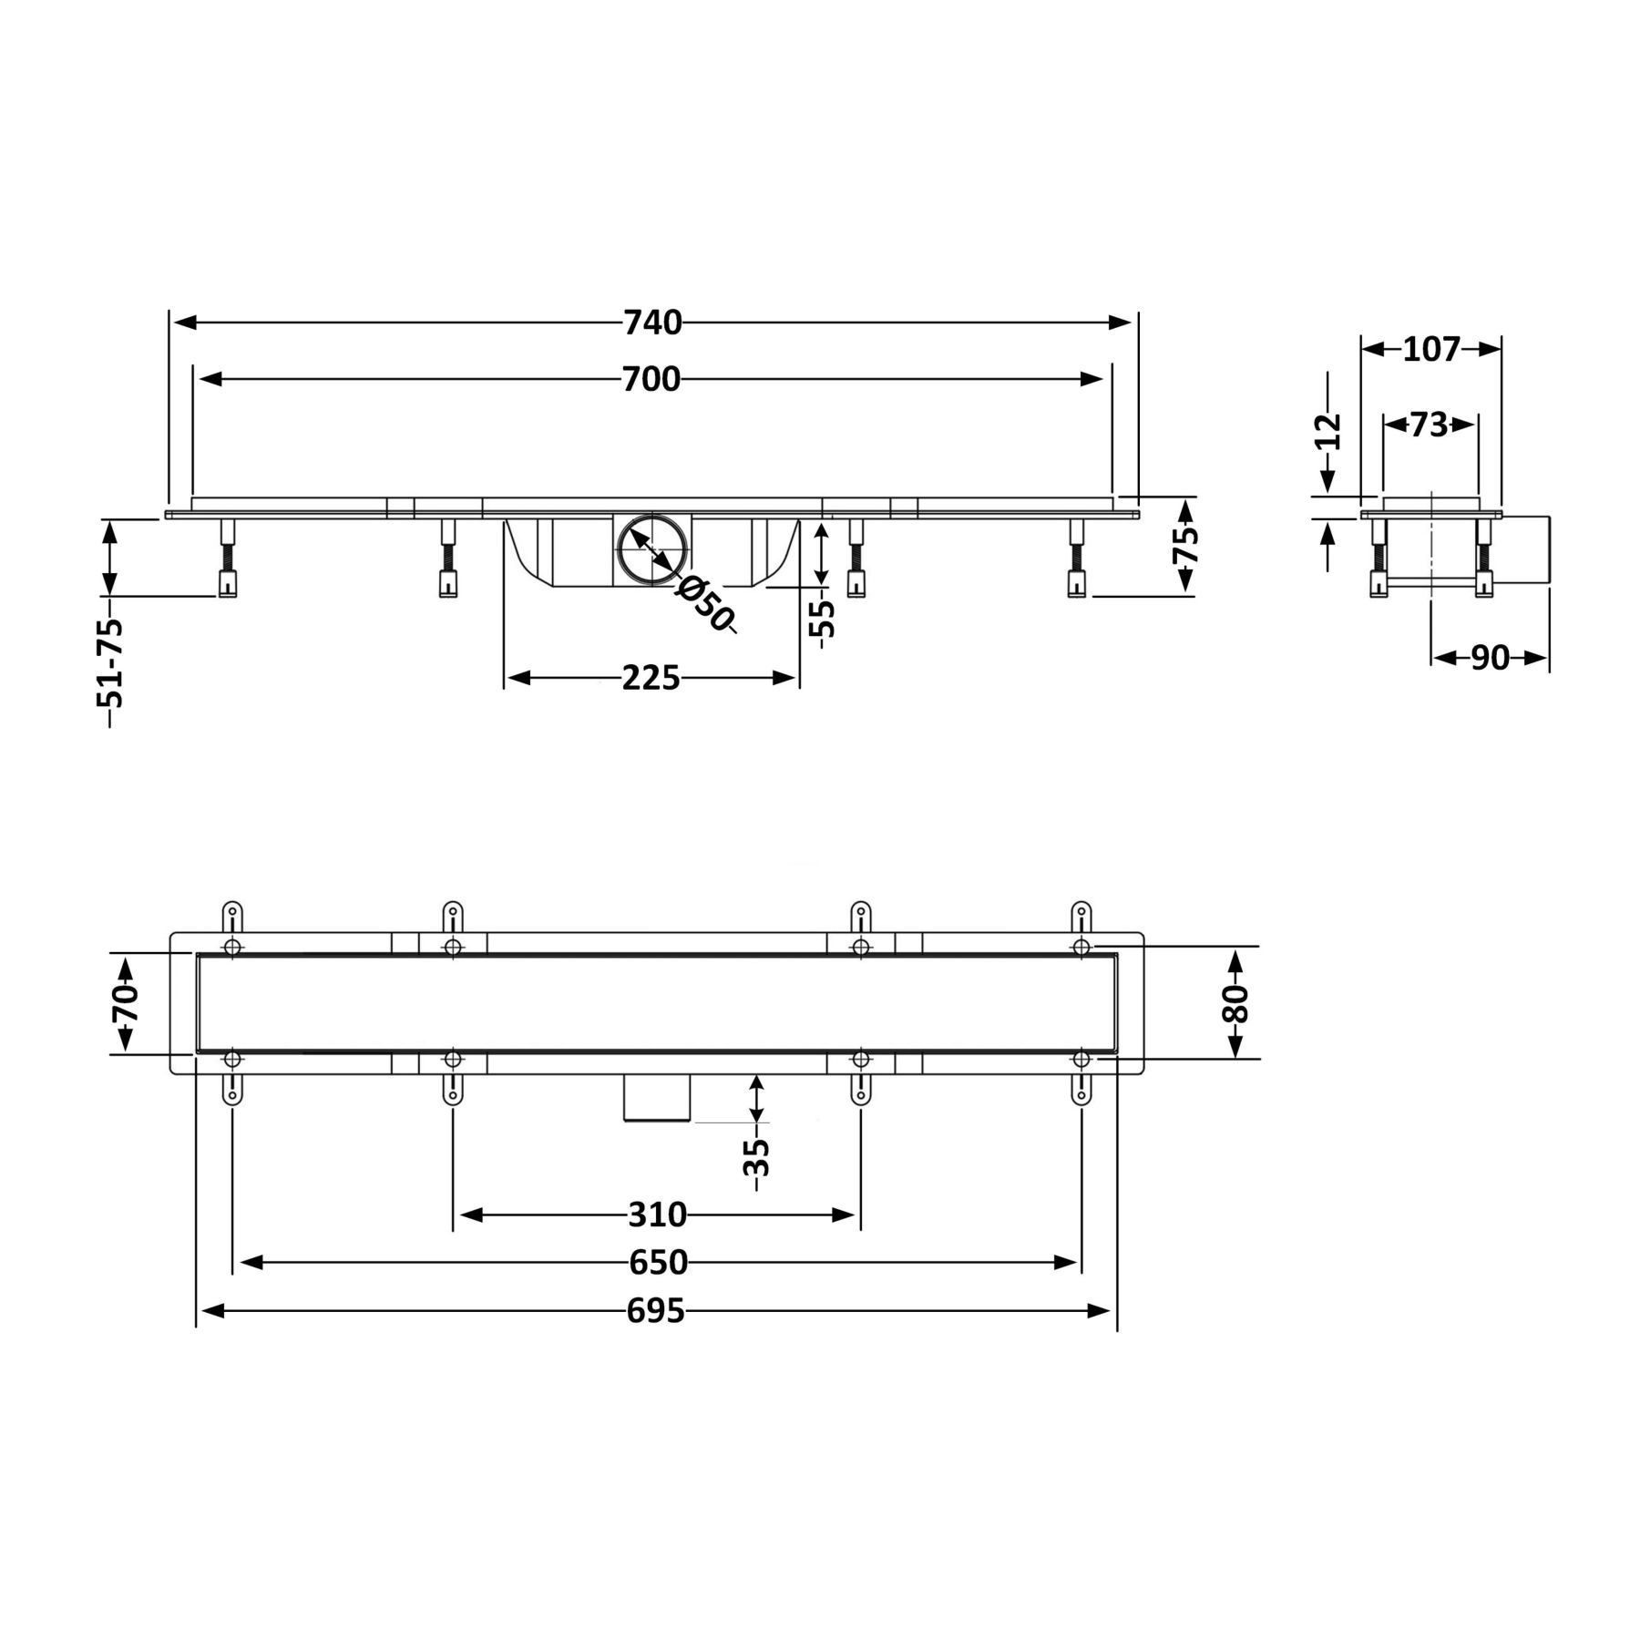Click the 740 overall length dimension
(x=652, y=323)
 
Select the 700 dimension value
(x=651, y=379)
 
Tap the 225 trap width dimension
(x=651, y=678)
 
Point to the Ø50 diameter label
(x=703, y=604)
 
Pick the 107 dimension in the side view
(x=1431, y=349)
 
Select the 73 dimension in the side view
(x=1429, y=424)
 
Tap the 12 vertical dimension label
(x=1330, y=431)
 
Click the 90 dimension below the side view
(x=1490, y=658)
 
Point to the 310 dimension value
(x=657, y=1215)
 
